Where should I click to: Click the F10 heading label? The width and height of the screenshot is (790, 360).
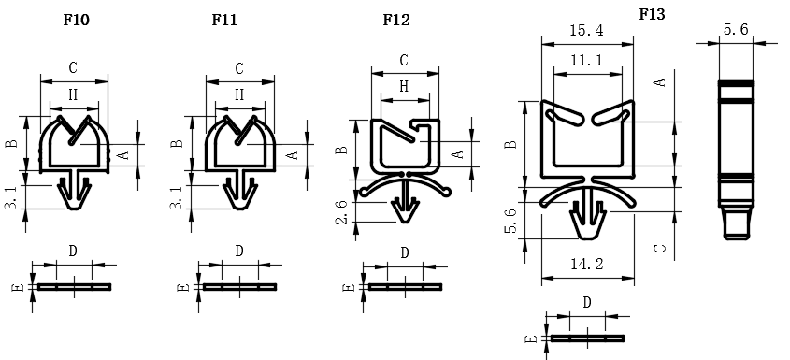[x=76, y=20]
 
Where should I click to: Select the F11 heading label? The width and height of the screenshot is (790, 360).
[x=224, y=20]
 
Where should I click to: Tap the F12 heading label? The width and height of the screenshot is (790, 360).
[x=396, y=20]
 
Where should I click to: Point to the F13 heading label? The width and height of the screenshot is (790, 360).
[x=652, y=15]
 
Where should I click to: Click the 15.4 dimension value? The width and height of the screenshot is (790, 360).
[x=586, y=31]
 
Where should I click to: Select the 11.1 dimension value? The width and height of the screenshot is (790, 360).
[x=586, y=61]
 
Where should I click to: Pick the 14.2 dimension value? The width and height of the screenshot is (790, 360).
[x=587, y=264]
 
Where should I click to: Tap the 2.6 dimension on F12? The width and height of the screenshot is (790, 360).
[x=341, y=211]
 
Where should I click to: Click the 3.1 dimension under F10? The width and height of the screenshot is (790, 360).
[x=11, y=197]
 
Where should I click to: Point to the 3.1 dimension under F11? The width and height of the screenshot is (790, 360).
[x=176, y=197]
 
